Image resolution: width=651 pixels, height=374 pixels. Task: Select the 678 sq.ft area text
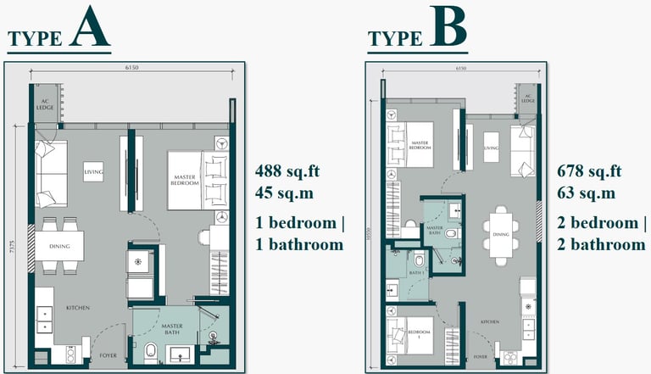(x=589, y=170)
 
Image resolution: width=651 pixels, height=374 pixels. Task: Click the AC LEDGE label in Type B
(x=527, y=99)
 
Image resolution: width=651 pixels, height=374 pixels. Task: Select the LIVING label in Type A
(x=93, y=172)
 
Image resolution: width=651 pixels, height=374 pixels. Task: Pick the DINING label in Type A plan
(x=59, y=247)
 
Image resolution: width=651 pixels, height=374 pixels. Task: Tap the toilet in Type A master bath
(x=151, y=351)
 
